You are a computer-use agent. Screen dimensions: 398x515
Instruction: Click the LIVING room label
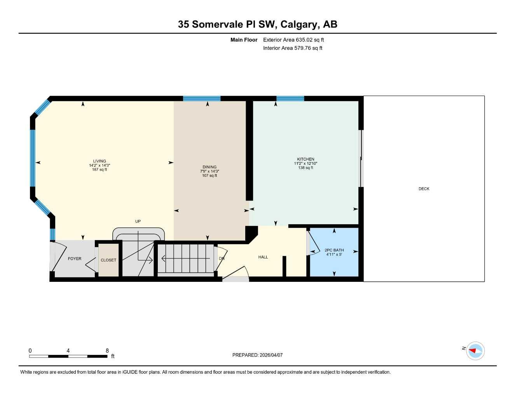coord(100,161)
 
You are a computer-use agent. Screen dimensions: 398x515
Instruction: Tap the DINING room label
coord(209,167)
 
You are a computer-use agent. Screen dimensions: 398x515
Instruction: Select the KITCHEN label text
coord(306,159)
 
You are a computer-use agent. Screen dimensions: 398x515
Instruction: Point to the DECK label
coord(424,189)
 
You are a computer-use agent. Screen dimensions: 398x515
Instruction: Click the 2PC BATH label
coord(334,250)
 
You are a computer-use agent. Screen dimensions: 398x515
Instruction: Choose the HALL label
coord(263,257)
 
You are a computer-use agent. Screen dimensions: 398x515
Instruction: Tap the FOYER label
coord(75,258)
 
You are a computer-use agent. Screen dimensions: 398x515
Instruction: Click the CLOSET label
coord(108,260)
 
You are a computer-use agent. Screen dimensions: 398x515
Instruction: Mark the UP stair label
coord(138,221)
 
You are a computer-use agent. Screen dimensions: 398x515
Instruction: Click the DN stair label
coord(222,258)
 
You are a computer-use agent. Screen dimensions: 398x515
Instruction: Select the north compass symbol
coord(475,351)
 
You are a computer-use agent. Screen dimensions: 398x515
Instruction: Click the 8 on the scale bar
coord(107,351)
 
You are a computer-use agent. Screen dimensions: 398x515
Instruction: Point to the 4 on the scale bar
coord(68,351)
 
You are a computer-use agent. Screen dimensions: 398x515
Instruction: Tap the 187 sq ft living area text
coord(100,169)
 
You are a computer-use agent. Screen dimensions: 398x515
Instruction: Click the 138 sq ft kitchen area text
coord(306,168)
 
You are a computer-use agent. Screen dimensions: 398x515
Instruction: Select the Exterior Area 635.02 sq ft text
coord(293,40)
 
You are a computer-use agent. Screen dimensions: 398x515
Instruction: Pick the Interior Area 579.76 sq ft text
coord(293,48)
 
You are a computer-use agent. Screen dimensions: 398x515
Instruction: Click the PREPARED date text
coord(257,355)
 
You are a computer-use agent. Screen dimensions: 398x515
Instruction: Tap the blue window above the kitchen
coord(290,98)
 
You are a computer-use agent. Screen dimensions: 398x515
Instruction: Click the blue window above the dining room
coord(202,98)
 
